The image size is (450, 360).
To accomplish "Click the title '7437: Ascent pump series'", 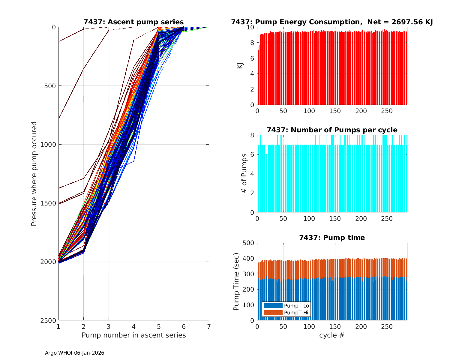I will pos(133,22).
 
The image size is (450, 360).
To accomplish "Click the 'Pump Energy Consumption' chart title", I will pos(332,22).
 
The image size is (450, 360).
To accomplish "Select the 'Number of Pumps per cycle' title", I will pos(332,130).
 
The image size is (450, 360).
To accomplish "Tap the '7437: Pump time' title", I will pos(332,238).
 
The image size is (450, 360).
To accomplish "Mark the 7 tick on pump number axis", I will pos(209,326).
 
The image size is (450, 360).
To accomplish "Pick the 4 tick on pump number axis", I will pos(133,326).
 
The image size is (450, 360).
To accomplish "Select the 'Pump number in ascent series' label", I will pos(133,335).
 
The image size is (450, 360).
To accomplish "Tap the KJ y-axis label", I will pos(240,66).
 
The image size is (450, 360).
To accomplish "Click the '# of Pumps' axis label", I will pos(244,174).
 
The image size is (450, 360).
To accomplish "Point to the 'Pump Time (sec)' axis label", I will pos(236,282).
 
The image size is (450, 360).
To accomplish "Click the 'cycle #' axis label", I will pos(332,335).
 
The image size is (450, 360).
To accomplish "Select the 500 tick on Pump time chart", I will pos(249,243).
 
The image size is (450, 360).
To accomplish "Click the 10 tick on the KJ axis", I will pos(251,27).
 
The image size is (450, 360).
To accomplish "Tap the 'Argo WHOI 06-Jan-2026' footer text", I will pos(74,353).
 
